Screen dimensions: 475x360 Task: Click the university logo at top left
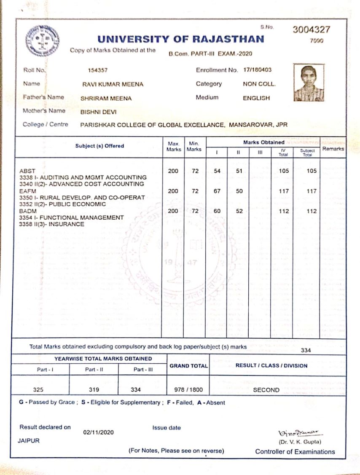pos(42,41)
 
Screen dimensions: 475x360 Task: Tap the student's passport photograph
pos(309,83)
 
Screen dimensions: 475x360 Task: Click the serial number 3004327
pos(312,30)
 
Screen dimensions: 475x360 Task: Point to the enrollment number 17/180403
pos(257,70)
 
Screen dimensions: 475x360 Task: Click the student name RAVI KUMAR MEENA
pos(113,84)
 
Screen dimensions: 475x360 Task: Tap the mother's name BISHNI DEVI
pos(98,112)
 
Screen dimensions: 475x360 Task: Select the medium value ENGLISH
pos(256,98)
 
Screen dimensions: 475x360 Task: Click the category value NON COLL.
pos(259,84)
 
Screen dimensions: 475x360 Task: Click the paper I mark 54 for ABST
pos(218,171)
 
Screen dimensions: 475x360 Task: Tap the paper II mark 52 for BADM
pos(239,212)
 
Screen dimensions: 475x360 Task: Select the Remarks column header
pos(333,149)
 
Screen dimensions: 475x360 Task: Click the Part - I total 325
pos(38,390)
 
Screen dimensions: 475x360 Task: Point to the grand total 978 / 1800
pos(188,390)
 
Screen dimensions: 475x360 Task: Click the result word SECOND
pos(266,390)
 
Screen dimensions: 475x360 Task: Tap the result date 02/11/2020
pos(98,432)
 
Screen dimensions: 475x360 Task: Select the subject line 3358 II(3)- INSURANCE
pos(52,224)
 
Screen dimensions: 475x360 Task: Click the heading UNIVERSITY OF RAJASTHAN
pos(181,39)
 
